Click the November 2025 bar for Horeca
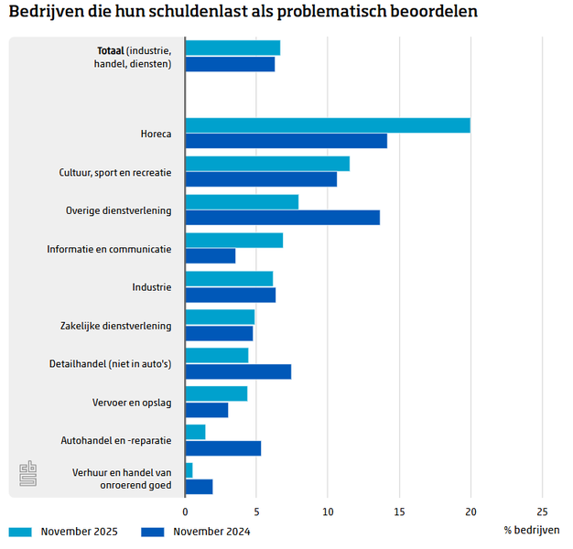(x=328, y=125)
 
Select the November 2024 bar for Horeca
(x=286, y=141)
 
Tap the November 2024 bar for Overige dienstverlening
(x=282, y=218)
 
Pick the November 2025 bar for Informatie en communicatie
(x=233, y=241)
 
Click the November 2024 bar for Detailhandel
(x=238, y=371)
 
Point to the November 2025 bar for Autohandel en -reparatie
(x=195, y=432)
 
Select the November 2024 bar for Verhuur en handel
(x=199, y=487)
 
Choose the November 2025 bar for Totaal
(x=232, y=48)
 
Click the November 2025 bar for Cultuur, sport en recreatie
(x=267, y=164)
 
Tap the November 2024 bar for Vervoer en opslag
(x=206, y=410)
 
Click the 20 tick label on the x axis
(x=470, y=512)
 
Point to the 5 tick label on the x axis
(x=256, y=512)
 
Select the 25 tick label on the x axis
(x=542, y=512)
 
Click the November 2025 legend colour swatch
(x=20, y=531)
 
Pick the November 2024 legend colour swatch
(x=153, y=531)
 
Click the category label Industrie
(x=151, y=287)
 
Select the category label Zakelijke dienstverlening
(x=115, y=326)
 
